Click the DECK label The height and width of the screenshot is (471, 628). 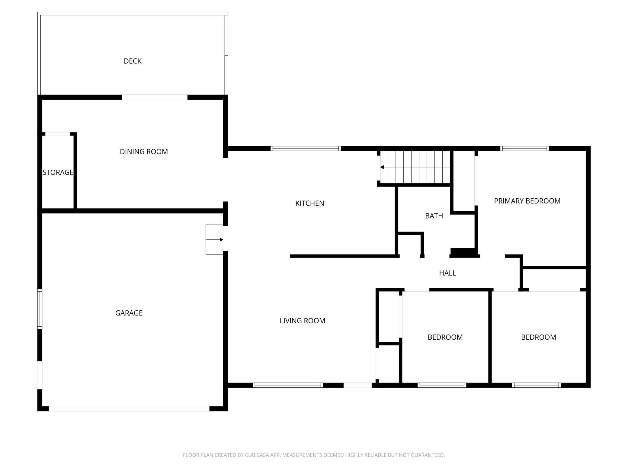133,61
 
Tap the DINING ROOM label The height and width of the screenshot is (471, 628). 144,152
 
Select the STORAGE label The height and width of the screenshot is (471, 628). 58,172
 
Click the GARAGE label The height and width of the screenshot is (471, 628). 129,313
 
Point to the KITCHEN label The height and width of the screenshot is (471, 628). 310,203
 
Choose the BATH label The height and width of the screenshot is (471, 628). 434,216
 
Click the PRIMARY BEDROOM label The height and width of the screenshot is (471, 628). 527,201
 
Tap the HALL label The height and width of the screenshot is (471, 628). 447,273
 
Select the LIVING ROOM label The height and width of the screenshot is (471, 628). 303,321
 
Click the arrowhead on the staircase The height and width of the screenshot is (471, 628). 382,167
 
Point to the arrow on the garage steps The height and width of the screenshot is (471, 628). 214,240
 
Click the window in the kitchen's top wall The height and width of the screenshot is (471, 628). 306,148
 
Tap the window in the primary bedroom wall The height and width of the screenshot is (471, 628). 524,148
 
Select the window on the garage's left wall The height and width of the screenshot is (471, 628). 40,309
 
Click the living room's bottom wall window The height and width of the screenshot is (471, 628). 288,385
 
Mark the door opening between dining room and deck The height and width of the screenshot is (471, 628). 155,97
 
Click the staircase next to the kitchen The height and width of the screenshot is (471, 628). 415,167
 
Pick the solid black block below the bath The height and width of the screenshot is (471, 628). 463,252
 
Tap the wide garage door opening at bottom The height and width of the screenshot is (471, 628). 129,409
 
